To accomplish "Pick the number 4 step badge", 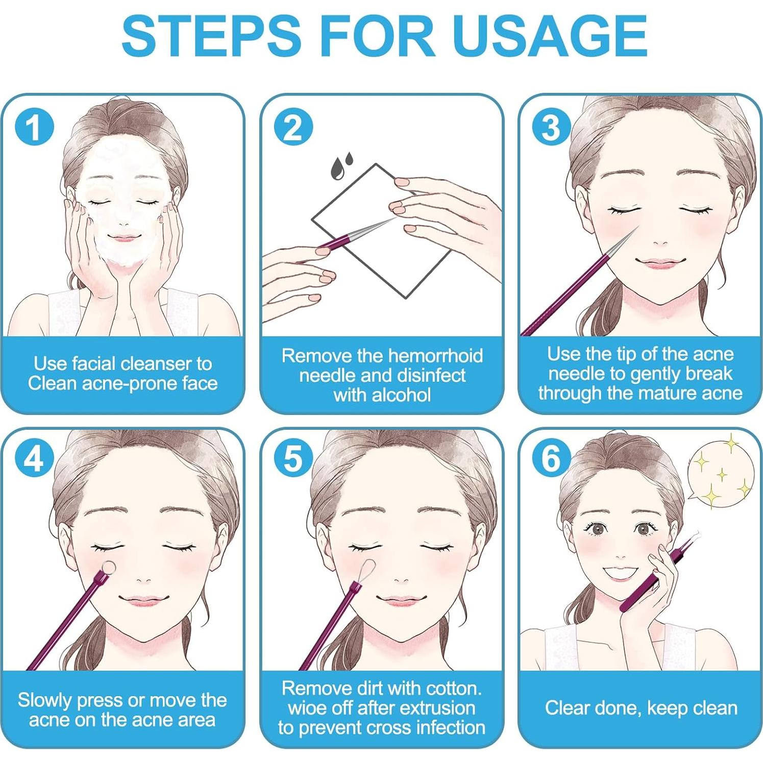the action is pyautogui.click(x=35, y=458).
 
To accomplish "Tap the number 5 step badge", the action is pyautogui.click(x=293, y=458).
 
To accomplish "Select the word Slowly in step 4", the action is pyautogui.click(x=44, y=700).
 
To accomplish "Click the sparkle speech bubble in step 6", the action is pyautogui.click(x=720, y=472).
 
